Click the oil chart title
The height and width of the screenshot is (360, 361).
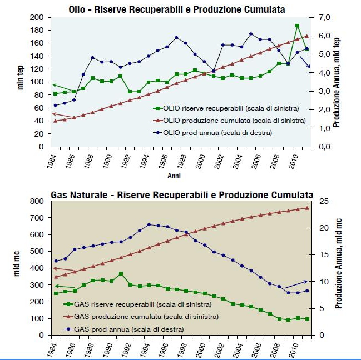tap(177, 9)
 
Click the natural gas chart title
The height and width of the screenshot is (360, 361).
tap(182, 195)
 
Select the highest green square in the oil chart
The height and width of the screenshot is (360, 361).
tap(297, 26)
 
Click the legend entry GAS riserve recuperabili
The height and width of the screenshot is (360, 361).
tap(137, 304)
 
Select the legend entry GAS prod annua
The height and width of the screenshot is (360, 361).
tap(123, 329)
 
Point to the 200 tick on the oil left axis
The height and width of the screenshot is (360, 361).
tap(37, 17)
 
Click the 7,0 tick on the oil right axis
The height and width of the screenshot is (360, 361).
tap(324, 17)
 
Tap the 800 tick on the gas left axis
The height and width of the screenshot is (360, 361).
tap(37, 201)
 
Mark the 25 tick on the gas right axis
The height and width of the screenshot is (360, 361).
tap(324, 201)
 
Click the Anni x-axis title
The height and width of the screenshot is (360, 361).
tap(174, 176)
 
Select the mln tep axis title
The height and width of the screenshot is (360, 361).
tap(20, 77)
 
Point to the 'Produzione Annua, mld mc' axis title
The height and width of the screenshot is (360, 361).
tap(338, 263)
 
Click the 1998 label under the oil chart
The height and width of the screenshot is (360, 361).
tap(182, 161)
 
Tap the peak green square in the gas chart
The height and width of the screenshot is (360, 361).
tap(121, 273)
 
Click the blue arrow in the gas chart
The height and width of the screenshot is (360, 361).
tap(296, 284)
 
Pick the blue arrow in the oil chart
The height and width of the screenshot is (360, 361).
tap(305, 62)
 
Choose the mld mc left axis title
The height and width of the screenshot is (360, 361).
tap(17, 264)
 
